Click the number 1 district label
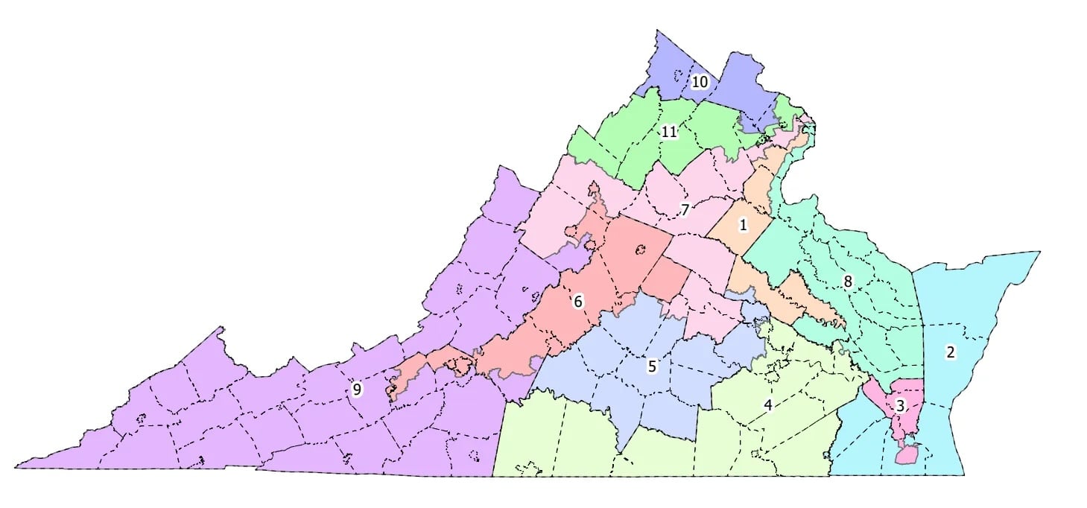click(x=743, y=224)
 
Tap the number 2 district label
click(x=950, y=352)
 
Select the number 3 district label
click(x=900, y=407)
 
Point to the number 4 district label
click(x=768, y=405)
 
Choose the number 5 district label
click(x=652, y=366)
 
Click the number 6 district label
click(x=578, y=302)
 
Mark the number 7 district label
click(x=685, y=210)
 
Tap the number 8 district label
click(x=847, y=282)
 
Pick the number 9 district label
click(x=357, y=389)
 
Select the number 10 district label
click(x=699, y=81)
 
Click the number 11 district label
click(x=669, y=132)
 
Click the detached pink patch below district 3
click(x=907, y=454)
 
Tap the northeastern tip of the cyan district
click(x=1038, y=253)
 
